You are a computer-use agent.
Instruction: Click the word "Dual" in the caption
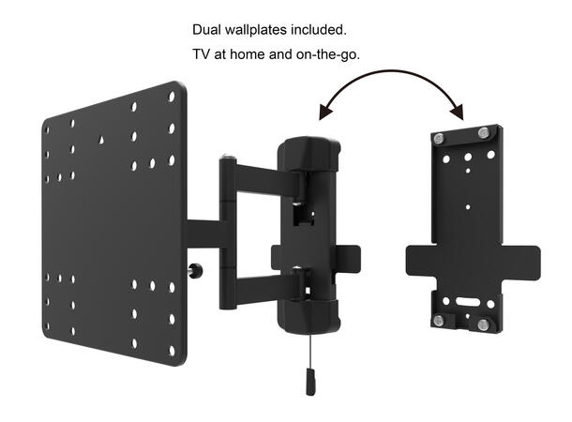click(207, 30)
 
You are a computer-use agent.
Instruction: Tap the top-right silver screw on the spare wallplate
click(483, 132)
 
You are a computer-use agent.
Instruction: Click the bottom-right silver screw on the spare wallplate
click(483, 325)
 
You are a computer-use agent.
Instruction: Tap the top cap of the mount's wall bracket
click(309, 150)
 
